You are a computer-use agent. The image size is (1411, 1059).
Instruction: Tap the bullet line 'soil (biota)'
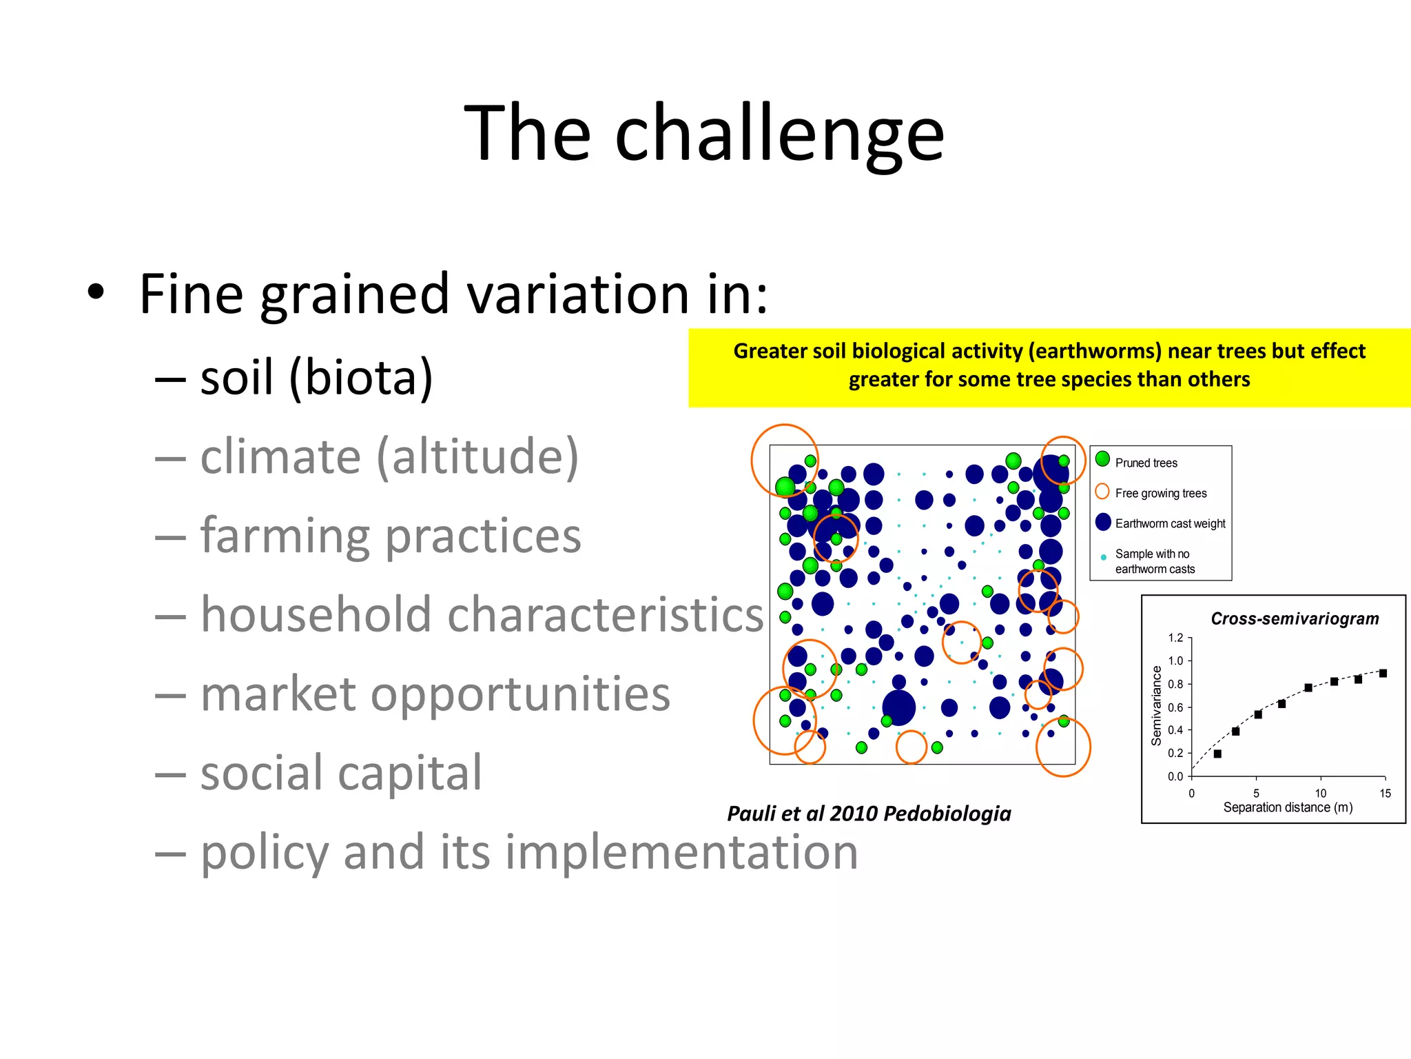click(316, 378)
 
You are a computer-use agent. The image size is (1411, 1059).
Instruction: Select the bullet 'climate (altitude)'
click(389, 456)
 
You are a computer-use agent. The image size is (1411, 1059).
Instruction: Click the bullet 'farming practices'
click(391, 536)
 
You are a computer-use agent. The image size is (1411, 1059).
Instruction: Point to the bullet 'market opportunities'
click(435, 694)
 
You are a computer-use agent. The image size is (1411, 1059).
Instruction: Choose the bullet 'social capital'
click(341, 773)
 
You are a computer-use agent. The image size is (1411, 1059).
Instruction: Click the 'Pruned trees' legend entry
click(1146, 463)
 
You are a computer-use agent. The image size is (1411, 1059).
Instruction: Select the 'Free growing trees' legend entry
click(1160, 494)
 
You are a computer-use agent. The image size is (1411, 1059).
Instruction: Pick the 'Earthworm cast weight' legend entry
click(1170, 524)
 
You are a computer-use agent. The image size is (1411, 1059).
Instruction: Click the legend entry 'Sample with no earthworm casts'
click(1154, 561)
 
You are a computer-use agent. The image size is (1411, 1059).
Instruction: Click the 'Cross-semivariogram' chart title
click(1295, 619)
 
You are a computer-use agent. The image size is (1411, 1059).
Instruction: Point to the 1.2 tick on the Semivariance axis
click(1175, 638)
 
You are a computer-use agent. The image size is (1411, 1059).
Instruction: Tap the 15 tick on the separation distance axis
click(1385, 794)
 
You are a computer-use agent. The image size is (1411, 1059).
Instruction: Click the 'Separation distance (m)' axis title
click(1288, 807)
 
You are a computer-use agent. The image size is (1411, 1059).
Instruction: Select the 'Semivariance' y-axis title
click(1156, 705)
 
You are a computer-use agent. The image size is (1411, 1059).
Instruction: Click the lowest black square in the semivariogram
click(1217, 754)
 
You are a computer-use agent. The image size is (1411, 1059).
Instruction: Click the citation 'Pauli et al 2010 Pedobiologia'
click(869, 814)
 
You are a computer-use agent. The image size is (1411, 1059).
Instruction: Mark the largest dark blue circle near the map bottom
click(898, 707)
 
